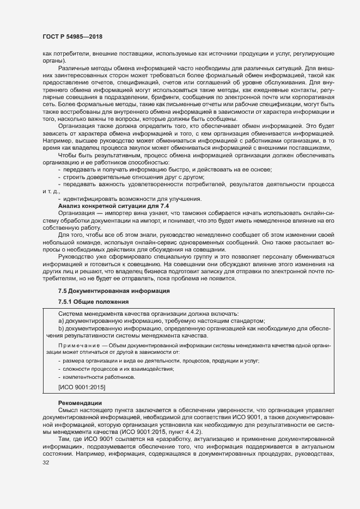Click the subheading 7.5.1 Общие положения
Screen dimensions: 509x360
(93, 302)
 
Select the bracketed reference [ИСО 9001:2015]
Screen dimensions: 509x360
(82, 387)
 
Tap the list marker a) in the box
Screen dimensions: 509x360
(61, 321)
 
